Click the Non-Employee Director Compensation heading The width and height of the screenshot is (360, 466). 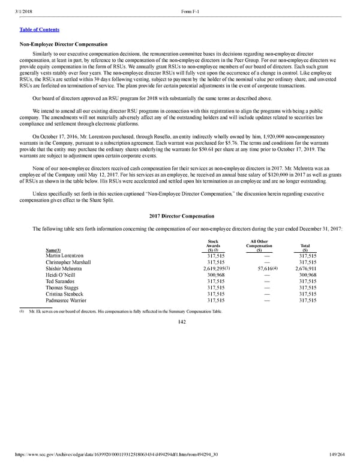click(64, 44)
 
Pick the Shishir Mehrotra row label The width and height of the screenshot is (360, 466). click(68, 269)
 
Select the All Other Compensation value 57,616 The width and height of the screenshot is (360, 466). click(259, 269)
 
